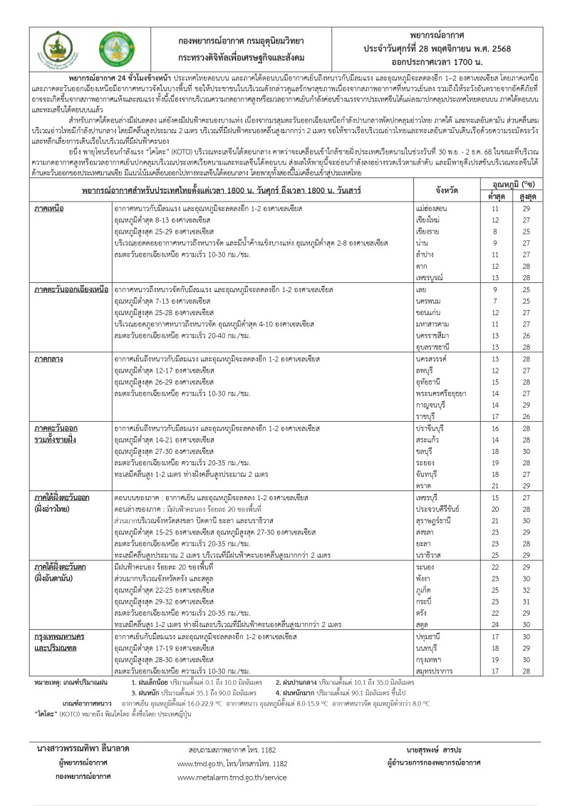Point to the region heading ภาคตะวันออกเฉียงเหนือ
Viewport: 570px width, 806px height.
pos(71,291)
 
